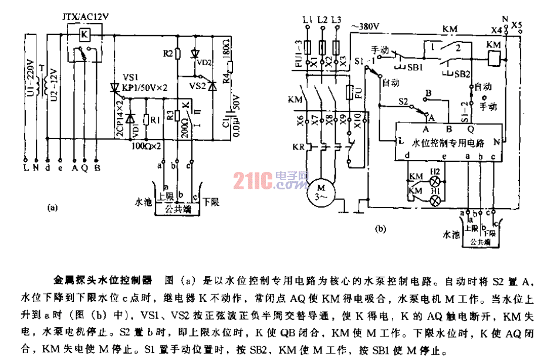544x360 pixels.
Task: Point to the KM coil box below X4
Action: pyautogui.click(x=494, y=57)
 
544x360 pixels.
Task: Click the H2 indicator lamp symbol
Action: pyautogui.click(x=435, y=179)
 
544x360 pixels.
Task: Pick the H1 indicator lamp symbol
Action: pyautogui.click(x=435, y=200)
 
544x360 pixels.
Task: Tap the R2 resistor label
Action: pyautogui.click(x=168, y=54)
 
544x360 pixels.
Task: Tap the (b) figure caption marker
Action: pyautogui.click(x=380, y=229)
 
